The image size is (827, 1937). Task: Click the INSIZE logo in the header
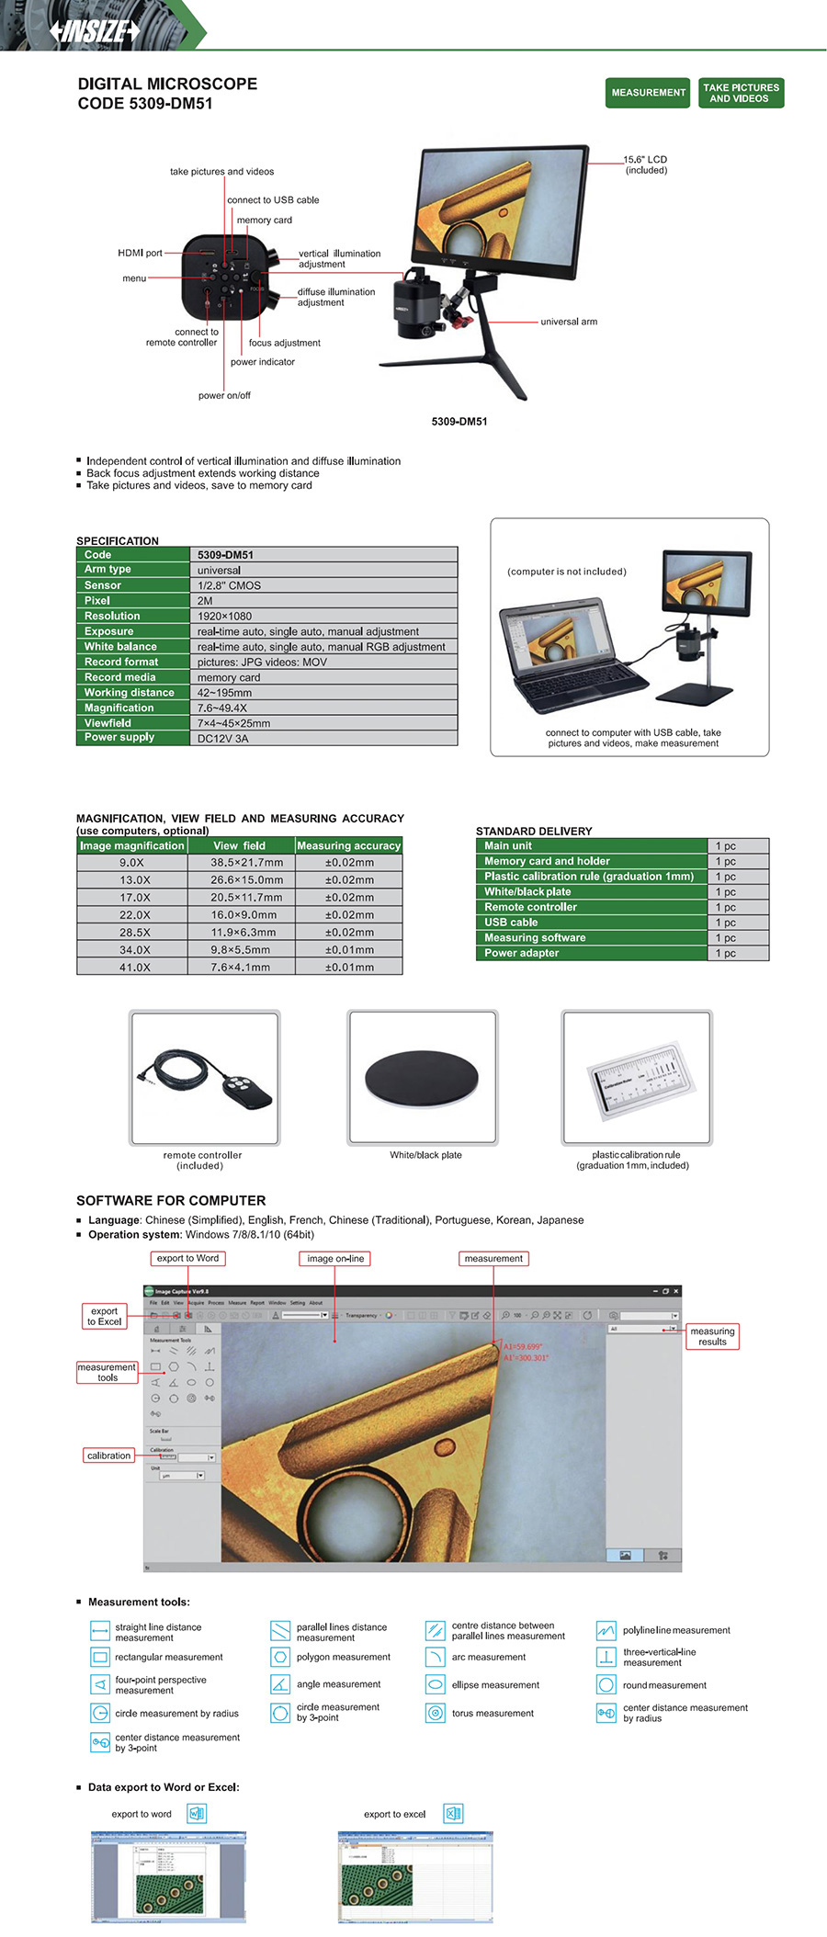[95, 31]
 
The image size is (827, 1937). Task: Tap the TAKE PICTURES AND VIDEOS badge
[741, 93]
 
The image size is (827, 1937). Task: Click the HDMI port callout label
[140, 253]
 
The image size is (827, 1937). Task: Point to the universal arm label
[569, 322]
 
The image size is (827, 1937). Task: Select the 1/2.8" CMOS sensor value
[229, 585]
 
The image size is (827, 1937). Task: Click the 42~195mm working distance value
[224, 693]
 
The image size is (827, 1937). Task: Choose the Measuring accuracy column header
[348, 845]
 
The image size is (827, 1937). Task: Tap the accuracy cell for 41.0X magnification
[349, 968]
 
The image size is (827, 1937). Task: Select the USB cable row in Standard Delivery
[511, 923]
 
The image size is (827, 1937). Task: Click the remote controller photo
[204, 1078]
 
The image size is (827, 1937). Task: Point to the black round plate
[422, 1077]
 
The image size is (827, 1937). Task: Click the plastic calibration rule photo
[637, 1078]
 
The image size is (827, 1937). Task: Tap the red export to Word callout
[187, 1258]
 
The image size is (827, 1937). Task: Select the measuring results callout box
[712, 1336]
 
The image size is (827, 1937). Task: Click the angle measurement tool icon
[280, 1684]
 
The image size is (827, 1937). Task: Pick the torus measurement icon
[436, 1713]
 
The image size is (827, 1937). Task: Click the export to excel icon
[452, 1813]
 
